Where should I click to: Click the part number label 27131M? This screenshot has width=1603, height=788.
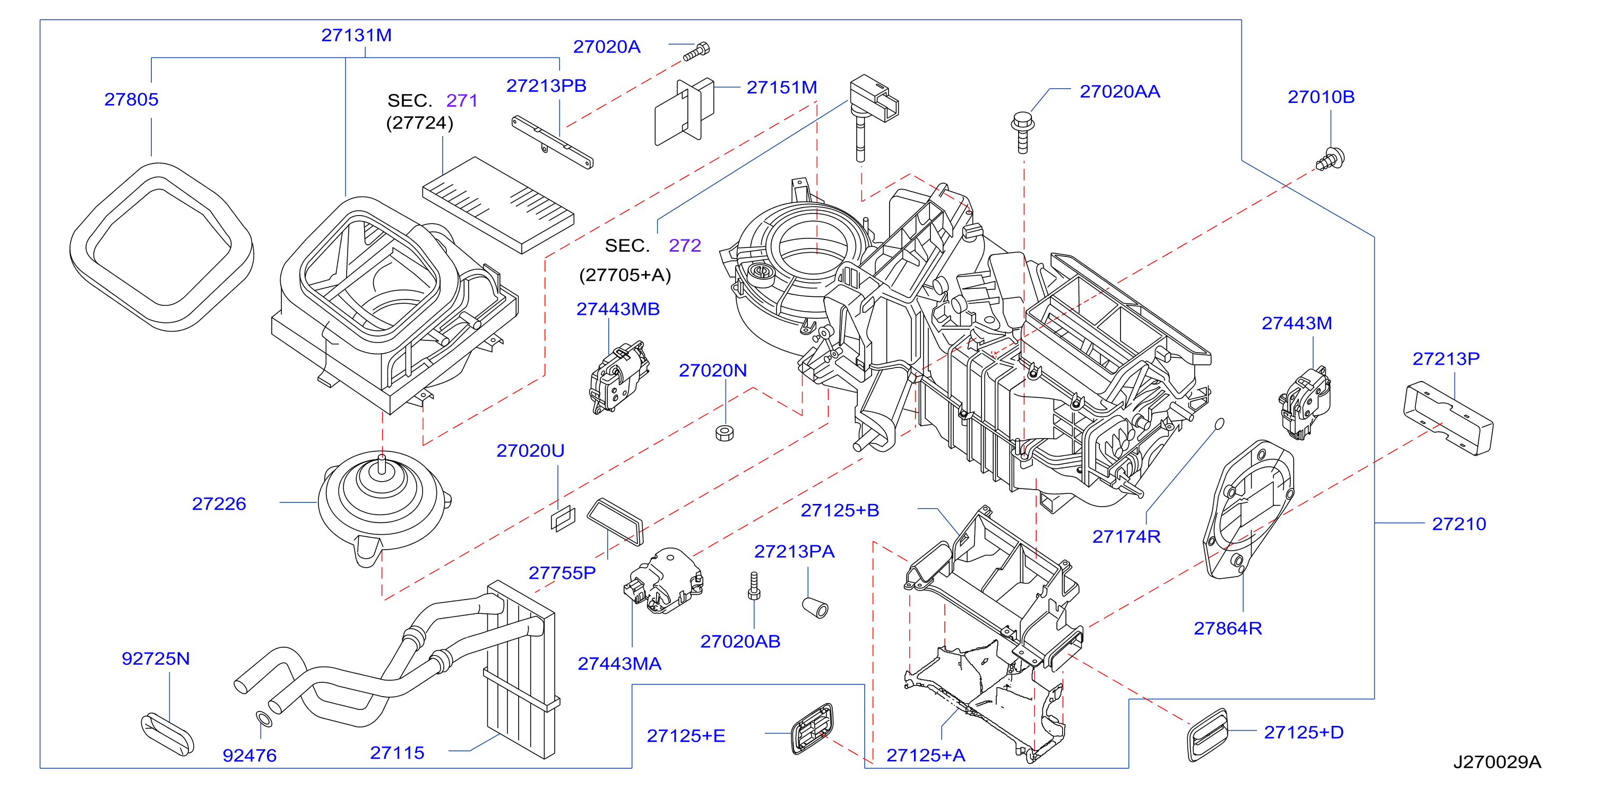click(x=356, y=36)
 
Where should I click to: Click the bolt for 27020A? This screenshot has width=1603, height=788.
click(x=696, y=51)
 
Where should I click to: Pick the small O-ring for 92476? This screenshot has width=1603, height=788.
click(x=264, y=719)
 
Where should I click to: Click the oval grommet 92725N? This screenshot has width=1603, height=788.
click(x=167, y=734)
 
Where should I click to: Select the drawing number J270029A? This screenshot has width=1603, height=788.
click(x=1497, y=762)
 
